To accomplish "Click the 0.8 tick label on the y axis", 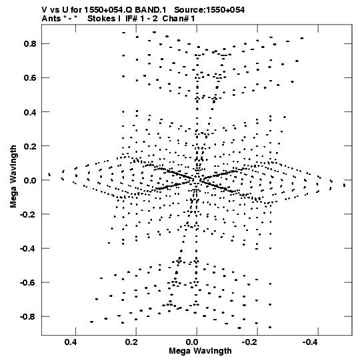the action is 30,43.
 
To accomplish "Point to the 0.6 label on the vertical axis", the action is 30,77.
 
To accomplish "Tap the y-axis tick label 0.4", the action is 30,112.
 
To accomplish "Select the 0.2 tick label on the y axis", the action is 30,146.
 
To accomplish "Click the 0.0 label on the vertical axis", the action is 30,180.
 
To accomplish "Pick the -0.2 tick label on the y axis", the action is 28,214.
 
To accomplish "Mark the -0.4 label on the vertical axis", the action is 28,248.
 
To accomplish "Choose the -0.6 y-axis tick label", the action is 28,282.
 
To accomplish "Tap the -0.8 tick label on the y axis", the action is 28,316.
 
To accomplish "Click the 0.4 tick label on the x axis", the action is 71,342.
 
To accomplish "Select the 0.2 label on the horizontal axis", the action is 131,342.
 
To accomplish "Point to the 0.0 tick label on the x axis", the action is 192,342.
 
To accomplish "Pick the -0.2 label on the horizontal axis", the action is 251,342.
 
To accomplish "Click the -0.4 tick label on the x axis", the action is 311,342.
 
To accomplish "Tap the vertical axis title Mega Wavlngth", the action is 13,176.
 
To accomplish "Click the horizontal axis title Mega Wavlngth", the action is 200,351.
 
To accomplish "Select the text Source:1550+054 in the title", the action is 209,10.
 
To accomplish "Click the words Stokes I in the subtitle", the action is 104,19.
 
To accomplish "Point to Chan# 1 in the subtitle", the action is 179,19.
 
